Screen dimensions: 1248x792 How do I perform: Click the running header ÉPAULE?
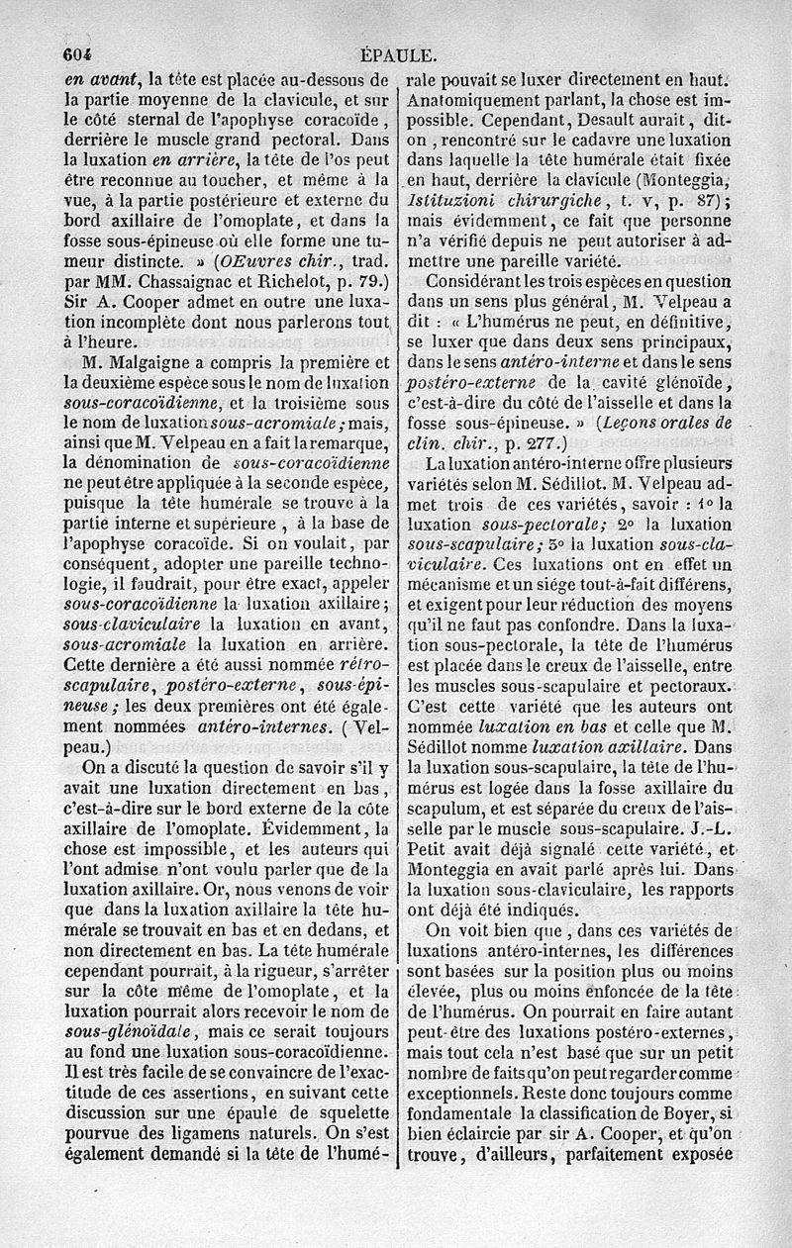click(400, 55)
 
